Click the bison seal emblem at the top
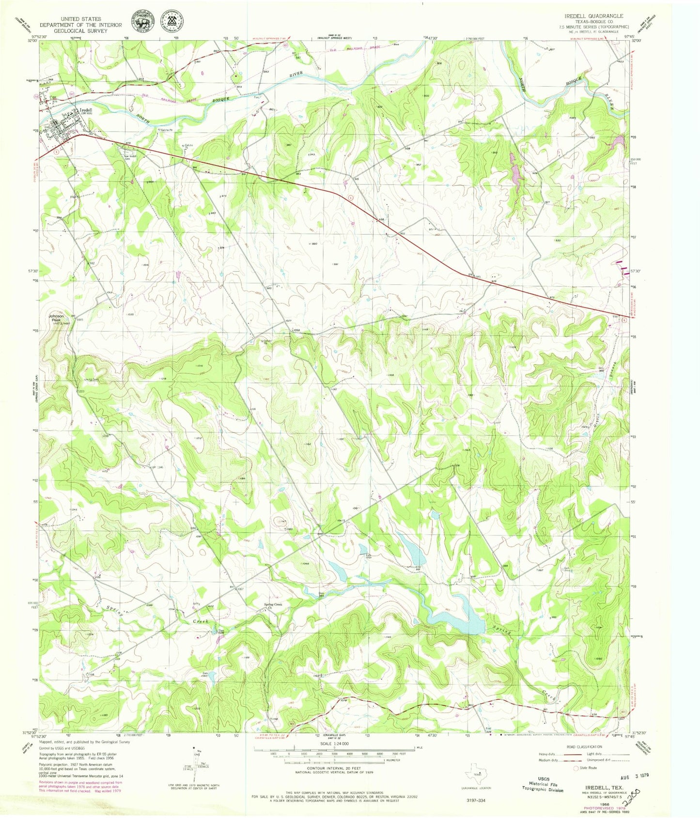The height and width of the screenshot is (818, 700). (142, 21)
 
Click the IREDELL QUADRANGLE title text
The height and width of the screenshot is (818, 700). (593, 16)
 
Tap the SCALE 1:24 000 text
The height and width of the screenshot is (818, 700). (334, 743)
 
